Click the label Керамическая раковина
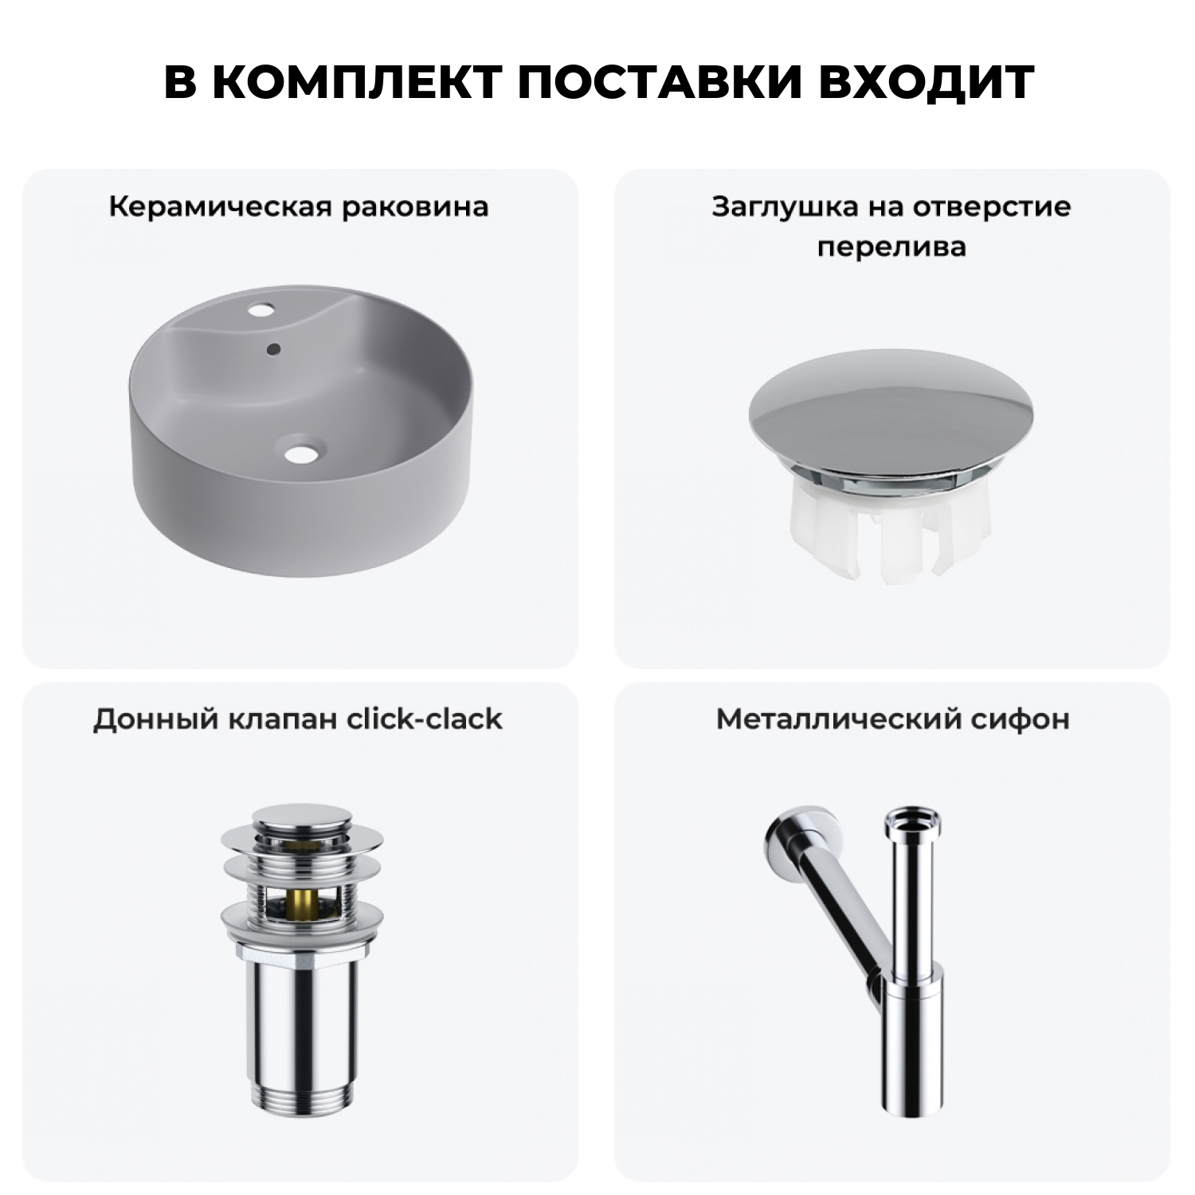299,207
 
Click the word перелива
891,246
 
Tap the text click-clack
425,719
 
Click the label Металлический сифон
892,719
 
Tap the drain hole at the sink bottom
301,453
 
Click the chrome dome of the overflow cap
892,414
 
